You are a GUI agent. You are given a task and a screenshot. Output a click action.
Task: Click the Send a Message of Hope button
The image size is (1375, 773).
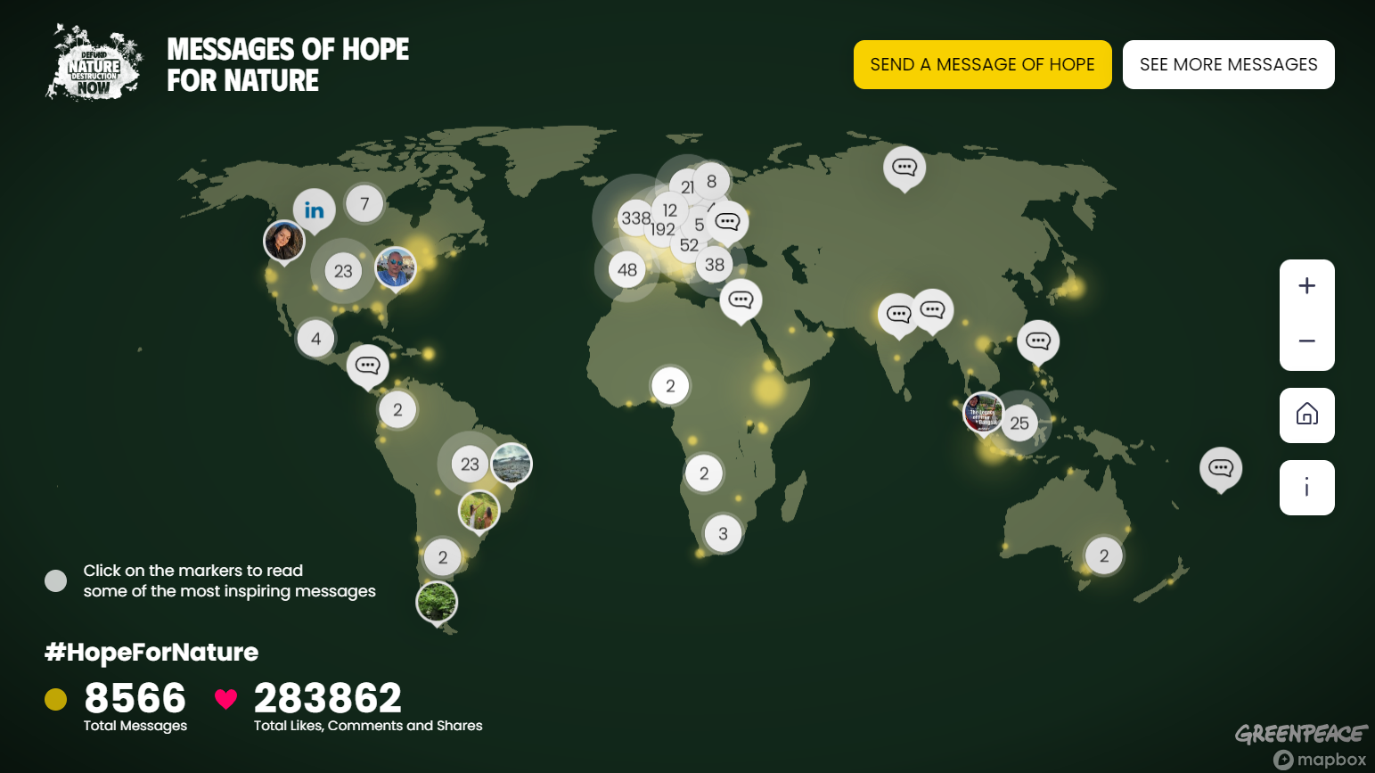click(x=982, y=64)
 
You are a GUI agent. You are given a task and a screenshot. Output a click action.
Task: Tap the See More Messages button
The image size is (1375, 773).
click(x=1228, y=64)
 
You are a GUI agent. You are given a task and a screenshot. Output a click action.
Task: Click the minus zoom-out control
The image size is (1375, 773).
click(x=1306, y=341)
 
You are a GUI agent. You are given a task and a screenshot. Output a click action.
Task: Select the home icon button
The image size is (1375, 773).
click(x=1306, y=415)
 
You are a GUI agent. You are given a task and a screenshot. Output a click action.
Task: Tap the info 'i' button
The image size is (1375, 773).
click(x=1306, y=488)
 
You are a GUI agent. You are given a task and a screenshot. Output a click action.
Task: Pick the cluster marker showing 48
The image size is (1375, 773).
click(x=627, y=269)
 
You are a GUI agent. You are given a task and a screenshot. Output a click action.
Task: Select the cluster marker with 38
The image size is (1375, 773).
click(x=715, y=265)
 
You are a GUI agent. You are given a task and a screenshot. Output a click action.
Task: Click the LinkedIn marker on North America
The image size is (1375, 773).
click(x=314, y=210)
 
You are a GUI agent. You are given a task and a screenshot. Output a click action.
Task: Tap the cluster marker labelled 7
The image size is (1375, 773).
click(x=364, y=203)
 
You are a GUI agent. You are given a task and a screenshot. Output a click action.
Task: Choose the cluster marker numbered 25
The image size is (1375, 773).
click(x=1019, y=424)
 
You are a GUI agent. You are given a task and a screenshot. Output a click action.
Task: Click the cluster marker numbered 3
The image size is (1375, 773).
click(x=723, y=533)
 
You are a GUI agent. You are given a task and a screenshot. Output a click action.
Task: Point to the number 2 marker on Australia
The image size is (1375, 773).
click(x=1104, y=555)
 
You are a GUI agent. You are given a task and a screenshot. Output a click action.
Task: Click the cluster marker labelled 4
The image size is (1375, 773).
click(x=315, y=339)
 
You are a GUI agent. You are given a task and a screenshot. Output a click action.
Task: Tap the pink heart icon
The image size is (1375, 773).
click(x=225, y=699)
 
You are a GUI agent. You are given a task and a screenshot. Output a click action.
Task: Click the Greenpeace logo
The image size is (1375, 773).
click(x=1300, y=734)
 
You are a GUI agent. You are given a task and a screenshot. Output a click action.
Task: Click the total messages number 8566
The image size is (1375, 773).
click(x=135, y=698)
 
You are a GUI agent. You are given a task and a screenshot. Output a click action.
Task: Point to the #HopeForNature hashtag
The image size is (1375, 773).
click(x=151, y=652)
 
